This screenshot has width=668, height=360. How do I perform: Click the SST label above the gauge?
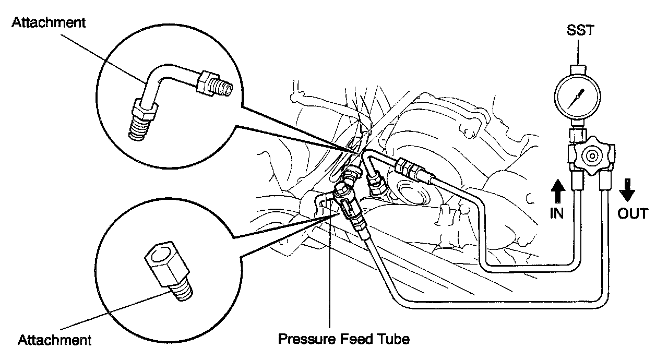tap(580, 31)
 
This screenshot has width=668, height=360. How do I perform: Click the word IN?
tap(557, 213)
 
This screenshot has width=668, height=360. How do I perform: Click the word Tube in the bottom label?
tap(393, 339)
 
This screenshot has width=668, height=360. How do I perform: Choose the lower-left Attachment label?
tap(54, 341)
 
